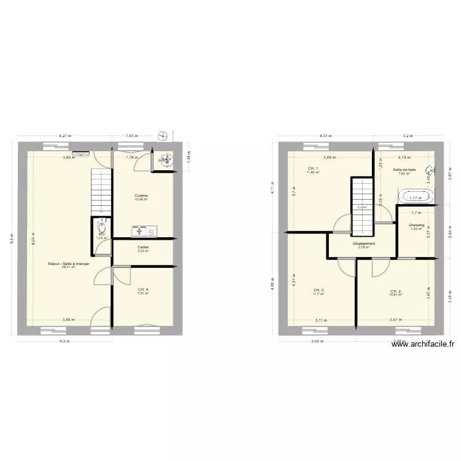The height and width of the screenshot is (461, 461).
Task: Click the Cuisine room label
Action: click(142, 195)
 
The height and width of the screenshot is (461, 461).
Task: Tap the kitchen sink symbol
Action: click(144, 231)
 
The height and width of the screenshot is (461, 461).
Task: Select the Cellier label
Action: click(142, 247)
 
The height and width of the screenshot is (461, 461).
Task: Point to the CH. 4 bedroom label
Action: click(143, 290)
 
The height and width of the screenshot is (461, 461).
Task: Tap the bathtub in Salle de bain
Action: click(416, 197)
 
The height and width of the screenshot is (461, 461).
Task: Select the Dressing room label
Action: click(417, 225)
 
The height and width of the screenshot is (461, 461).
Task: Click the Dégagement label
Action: click(364, 243)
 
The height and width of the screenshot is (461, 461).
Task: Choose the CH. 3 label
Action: click(318, 290)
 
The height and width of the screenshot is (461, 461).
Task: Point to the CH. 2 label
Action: click(395, 291)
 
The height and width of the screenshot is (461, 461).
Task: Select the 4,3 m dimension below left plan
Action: click(65, 341)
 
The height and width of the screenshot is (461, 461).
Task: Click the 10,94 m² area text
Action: click(395, 295)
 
